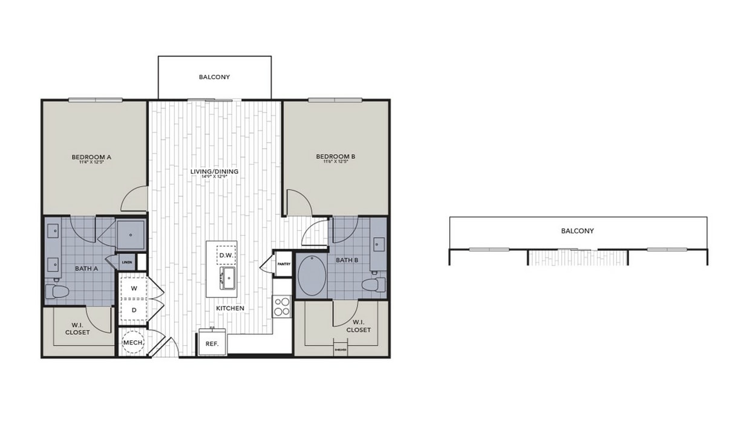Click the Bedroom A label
click(95, 157)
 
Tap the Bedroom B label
click(336, 157)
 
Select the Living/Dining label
click(214, 172)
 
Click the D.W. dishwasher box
click(226, 256)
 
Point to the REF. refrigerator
click(212, 343)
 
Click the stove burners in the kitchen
click(282, 307)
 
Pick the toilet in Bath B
click(373, 284)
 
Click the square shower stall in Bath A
click(131, 235)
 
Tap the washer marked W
click(134, 288)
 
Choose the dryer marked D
click(134, 310)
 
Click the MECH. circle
click(133, 343)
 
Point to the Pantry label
click(284, 264)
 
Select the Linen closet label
click(127, 262)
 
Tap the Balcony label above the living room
click(214, 77)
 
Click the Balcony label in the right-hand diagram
click(577, 231)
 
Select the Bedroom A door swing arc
click(134, 198)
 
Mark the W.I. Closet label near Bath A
click(77, 329)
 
